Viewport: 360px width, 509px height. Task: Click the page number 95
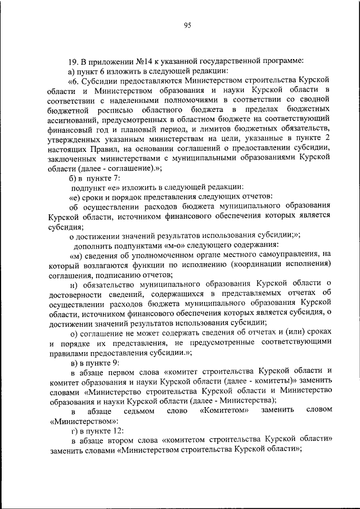tap(188, 25)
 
